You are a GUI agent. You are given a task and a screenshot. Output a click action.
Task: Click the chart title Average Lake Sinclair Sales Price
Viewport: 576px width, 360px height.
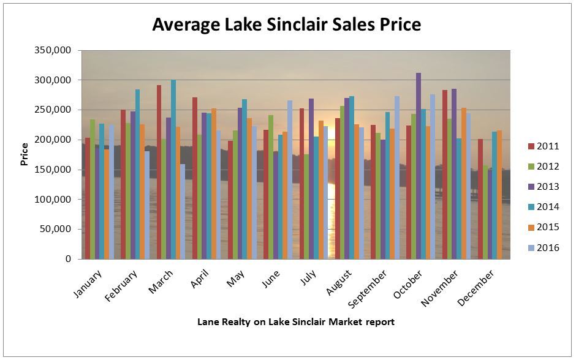point(286,24)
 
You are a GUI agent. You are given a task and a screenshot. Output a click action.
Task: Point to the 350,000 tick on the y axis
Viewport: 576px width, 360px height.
point(55,50)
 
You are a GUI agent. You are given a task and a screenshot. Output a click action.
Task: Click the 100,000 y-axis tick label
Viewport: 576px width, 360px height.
point(55,200)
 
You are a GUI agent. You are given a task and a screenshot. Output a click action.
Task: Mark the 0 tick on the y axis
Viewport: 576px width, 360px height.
point(68,259)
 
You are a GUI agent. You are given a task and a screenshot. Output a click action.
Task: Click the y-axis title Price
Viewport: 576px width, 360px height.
point(25,155)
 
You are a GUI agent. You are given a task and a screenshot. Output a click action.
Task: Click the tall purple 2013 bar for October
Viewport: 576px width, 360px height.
point(419,165)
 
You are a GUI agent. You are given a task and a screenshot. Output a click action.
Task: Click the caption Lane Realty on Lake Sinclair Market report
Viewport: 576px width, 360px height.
point(295,321)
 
